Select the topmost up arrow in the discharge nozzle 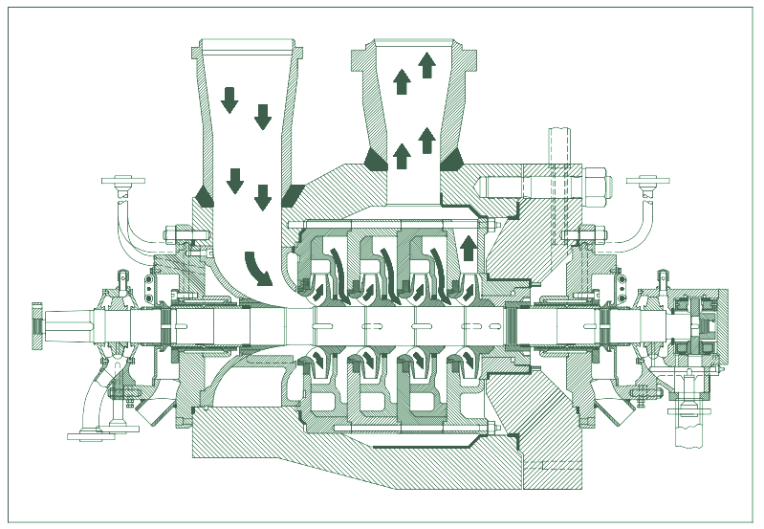click(426, 65)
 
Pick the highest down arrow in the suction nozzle click(229, 99)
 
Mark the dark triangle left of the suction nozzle click(203, 194)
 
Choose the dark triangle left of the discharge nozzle click(375, 158)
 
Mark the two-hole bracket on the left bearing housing click(149, 287)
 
